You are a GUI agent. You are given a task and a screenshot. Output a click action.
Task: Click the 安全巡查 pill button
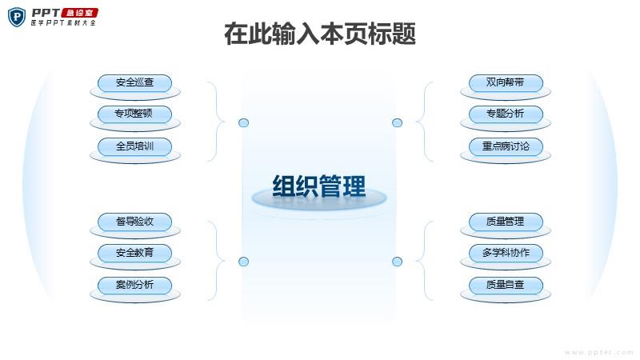click(x=134, y=83)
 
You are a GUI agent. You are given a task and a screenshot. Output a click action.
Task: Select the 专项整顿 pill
click(x=134, y=114)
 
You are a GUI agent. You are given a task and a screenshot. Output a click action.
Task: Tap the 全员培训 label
click(x=134, y=146)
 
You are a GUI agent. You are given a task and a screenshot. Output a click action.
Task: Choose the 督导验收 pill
click(x=134, y=222)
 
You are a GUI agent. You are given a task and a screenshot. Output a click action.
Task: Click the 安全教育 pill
click(x=134, y=253)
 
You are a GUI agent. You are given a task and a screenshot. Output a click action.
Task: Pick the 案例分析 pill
click(x=134, y=286)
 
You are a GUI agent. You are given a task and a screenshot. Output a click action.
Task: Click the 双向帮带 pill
click(x=506, y=83)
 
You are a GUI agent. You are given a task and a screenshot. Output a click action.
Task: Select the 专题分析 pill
click(x=506, y=114)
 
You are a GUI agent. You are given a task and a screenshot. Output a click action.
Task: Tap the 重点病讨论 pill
click(x=506, y=146)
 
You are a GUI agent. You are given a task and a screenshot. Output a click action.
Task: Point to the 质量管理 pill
click(x=506, y=222)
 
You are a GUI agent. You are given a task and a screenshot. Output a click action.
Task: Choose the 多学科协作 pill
click(x=506, y=253)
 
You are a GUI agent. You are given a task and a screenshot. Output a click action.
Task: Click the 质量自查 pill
click(x=506, y=286)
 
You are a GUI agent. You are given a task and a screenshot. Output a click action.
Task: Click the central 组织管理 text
click(x=319, y=186)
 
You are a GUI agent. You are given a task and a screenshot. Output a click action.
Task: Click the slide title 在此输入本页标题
click(x=320, y=34)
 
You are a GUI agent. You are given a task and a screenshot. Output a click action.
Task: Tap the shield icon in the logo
click(x=17, y=17)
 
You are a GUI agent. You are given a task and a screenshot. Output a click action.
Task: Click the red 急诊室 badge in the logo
click(x=79, y=13)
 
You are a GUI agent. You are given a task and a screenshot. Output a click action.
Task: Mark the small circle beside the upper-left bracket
click(x=244, y=122)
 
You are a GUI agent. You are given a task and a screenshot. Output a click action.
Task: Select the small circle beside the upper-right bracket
click(x=397, y=122)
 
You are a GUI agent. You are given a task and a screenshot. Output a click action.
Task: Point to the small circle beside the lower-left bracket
click(x=244, y=262)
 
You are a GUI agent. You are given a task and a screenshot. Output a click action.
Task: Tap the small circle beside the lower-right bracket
click(x=397, y=262)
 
